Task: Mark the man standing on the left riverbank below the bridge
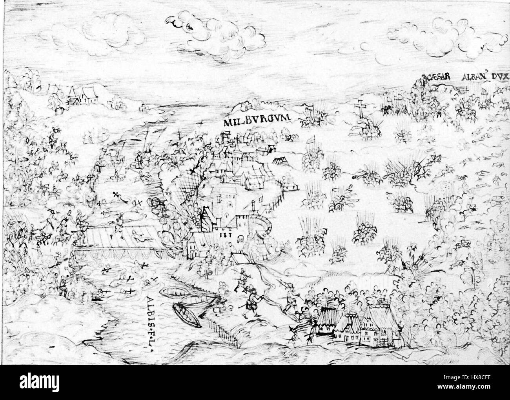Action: (x=62, y=286)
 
